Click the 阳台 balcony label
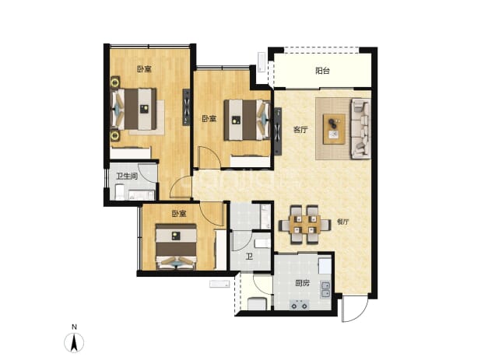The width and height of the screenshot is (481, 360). click(x=322, y=71)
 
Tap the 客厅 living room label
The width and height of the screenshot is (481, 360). click(x=300, y=130)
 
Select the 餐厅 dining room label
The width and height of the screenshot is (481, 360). click(x=342, y=222)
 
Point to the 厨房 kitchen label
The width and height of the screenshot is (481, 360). click(x=303, y=283)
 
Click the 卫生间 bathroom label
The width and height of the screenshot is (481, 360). click(x=126, y=177)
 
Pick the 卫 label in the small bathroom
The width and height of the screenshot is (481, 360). click(x=249, y=256)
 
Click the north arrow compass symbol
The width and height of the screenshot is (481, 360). click(x=74, y=342)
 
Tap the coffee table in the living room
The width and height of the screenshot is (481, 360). click(x=335, y=128)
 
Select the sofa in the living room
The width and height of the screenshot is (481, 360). click(x=361, y=128)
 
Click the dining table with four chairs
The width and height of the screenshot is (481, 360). click(x=304, y=224)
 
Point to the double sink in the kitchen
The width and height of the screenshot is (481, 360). click(x=325, y=290)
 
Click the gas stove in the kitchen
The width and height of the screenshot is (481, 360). click(x=300, y=305)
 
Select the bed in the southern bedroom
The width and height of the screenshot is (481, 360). click(x=176, y=246)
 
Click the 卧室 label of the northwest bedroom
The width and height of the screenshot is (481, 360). click(x=144, y=69)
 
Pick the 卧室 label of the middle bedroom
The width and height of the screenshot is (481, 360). click(x=209, y=118)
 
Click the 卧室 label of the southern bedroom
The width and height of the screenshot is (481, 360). click(x=179, y=214)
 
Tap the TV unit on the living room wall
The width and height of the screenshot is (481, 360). click(x=278, y=131)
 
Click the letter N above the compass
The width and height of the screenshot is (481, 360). click(x=74, y=327)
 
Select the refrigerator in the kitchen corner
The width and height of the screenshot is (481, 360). click(x=325, y=266)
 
